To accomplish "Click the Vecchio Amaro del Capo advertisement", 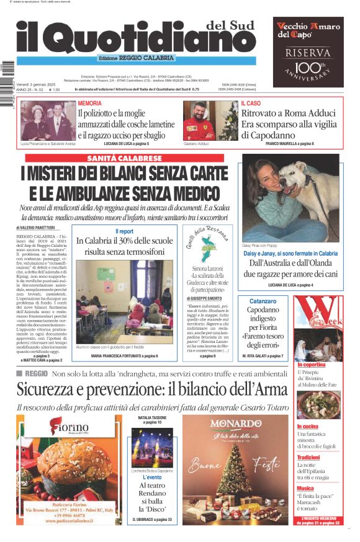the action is coord(308,51).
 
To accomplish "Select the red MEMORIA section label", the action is coord(90,103).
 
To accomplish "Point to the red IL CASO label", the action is coord(251,103).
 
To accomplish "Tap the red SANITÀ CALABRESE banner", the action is coord(125,159).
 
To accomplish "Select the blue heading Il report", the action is coord(124,231).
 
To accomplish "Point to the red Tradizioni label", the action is coord(308,457).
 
